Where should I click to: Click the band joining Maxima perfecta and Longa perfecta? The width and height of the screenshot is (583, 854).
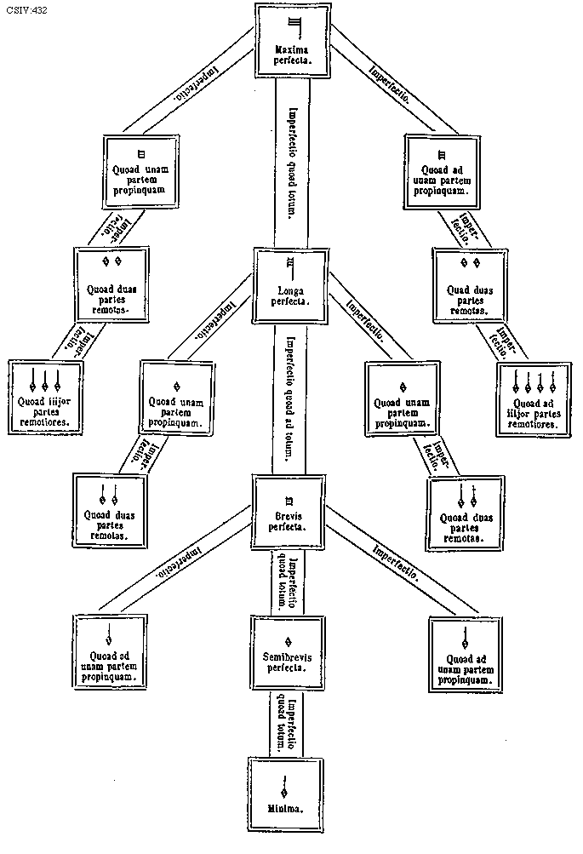(x=292, y=162)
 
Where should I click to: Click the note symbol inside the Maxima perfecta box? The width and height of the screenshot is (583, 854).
(x=294, y=23)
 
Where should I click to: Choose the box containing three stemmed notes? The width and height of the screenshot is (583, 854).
(x=44, y=395)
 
